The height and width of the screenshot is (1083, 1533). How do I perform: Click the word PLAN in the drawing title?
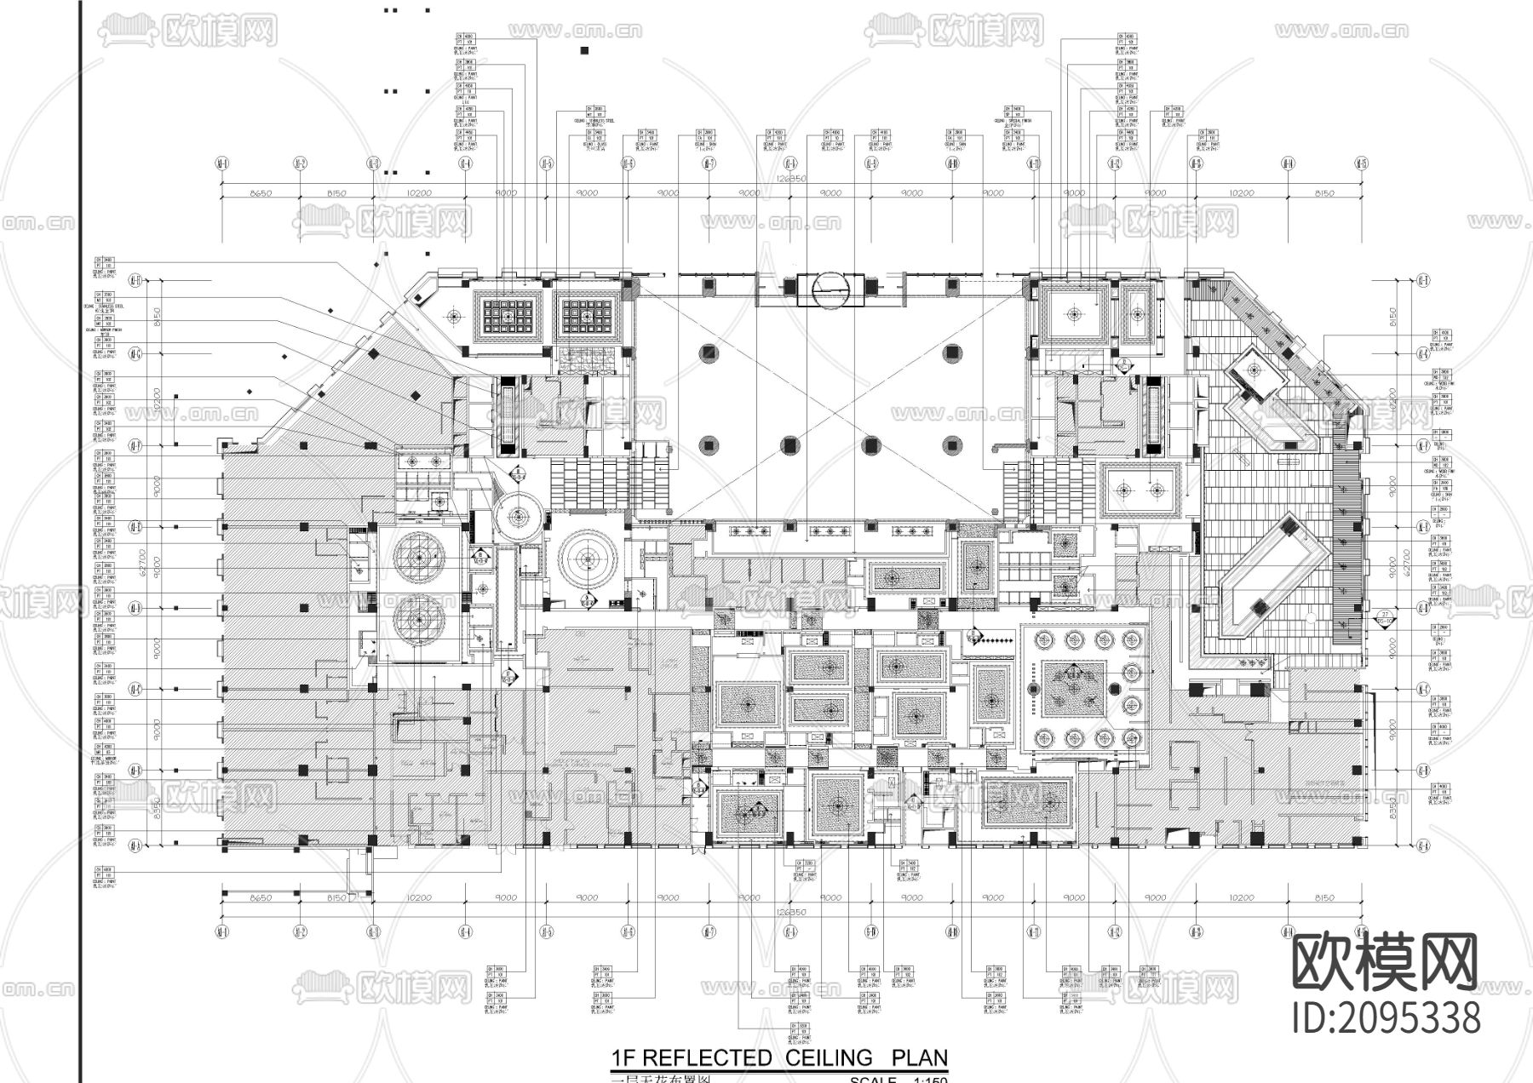pyautogui.click(x=919, y=1057)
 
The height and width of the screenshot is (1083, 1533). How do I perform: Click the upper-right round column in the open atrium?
pyautogui.click(x=953, y=352)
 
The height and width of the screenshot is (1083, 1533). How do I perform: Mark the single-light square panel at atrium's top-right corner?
pyautogui.click(x=1073, y=313)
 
